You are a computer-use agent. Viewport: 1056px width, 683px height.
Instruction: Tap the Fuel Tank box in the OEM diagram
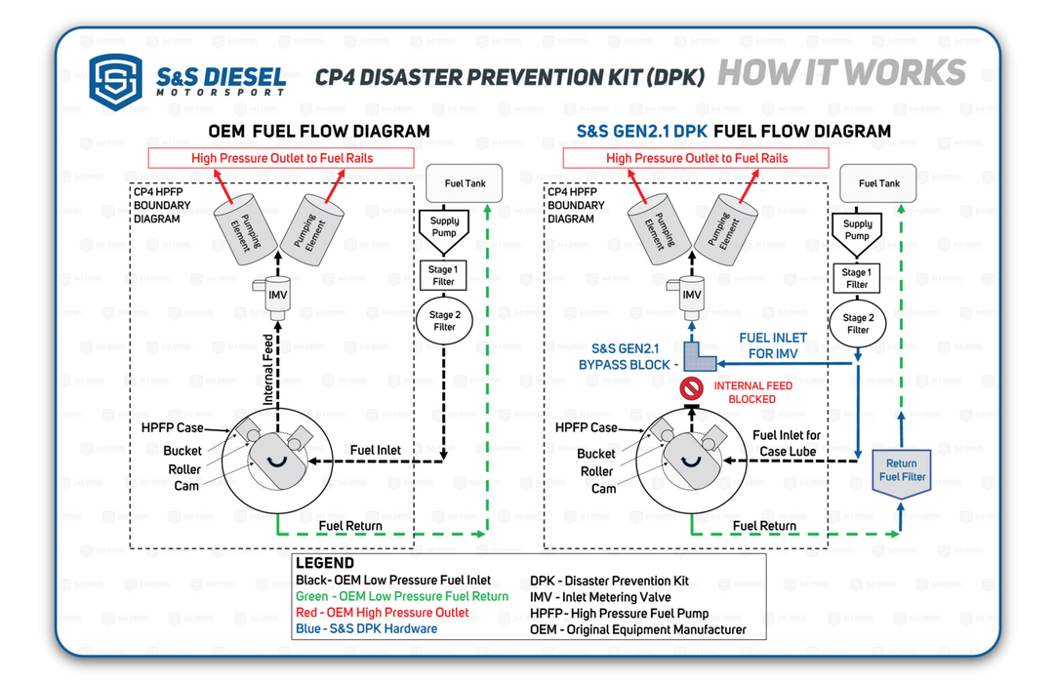click(x=465, y=183)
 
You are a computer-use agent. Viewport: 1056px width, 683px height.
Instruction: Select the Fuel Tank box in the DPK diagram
click(x=878, y=183)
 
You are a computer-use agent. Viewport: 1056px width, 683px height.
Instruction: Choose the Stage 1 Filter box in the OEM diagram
click(x=443, y=275)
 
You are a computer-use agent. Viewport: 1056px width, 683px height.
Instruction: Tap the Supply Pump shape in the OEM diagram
click(x=444, y=230)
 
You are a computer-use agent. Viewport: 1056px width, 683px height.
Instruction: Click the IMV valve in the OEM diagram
click(x=278, y=294)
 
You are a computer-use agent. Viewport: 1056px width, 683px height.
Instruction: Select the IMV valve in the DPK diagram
click(x=691, y=294)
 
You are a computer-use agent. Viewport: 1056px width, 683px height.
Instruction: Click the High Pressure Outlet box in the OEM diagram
click(x=281, y=158)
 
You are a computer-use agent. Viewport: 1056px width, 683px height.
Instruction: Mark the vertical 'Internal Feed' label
click(x=269, y=371)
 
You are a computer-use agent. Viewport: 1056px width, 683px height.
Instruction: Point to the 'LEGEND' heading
click(x=325, y=564)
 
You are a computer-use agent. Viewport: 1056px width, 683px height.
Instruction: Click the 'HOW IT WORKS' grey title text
click(x=840, y=74)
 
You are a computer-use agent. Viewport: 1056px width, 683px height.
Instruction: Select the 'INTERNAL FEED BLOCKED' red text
click(x=752, y=392)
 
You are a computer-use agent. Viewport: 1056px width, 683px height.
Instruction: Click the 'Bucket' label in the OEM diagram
click(x=183, y=451)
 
